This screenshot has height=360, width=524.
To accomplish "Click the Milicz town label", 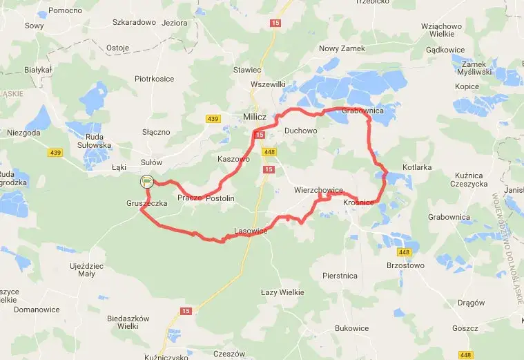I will (255, 117).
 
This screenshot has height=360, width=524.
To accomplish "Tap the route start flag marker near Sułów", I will (146, 182).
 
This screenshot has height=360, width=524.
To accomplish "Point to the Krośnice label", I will (358, 202).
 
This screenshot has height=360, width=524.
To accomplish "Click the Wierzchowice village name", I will (318, 189).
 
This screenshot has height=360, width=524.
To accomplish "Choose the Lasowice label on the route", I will (251, 231).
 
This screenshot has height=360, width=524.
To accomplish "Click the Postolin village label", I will (221, 198).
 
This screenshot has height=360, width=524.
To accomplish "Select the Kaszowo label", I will (233, 159).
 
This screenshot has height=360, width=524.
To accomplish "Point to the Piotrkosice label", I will (154, 79).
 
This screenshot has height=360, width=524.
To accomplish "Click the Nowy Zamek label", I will (342, 48).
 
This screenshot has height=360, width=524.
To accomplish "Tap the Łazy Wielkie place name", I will (282, 292).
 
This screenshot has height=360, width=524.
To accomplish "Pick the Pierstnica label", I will (340, 275).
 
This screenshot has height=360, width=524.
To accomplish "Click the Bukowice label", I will (351, 328).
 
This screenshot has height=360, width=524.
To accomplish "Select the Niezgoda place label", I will (23, 132).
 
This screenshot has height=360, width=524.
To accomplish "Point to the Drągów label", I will (472, 303).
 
